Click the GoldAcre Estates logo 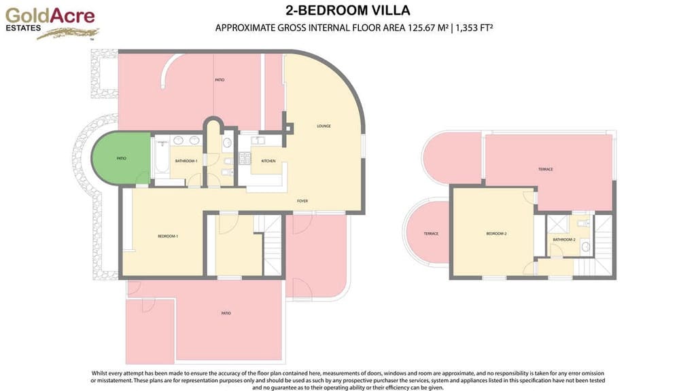[51, 22]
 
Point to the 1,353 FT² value [474, 28]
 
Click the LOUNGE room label [324, 126]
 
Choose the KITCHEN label [268, 161]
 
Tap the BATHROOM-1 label [186, 161]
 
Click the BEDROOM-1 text [168, 236]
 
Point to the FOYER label [303, 201]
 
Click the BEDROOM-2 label [496, 234]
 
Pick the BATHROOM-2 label [563, 240]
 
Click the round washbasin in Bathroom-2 [585, 247]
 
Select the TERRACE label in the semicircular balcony [431, 234]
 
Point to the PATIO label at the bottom [226, 313]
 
